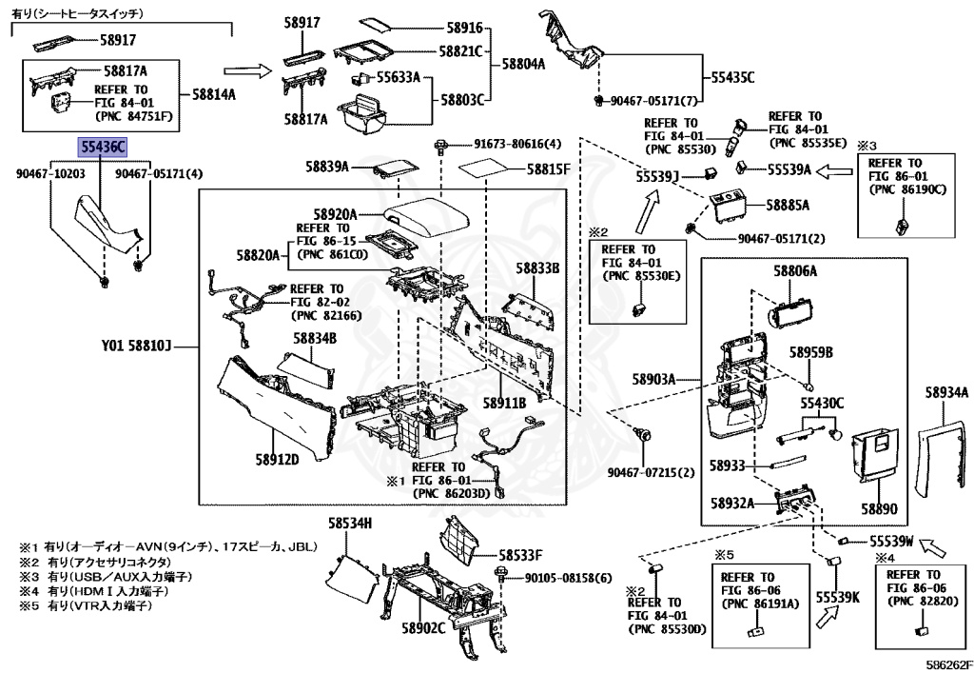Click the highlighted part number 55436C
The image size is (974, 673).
(102, 148)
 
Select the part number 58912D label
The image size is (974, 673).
(277, 460)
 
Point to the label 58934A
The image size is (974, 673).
(945, 392)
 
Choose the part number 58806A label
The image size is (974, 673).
(795, 271)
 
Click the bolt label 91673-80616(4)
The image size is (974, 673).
(518, 145)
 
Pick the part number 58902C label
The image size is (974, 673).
(423, 628)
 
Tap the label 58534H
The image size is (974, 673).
(350, 523)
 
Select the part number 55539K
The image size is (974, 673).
(837, 597)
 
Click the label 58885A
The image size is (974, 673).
(787, 205)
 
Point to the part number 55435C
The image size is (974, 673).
(728, 77)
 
